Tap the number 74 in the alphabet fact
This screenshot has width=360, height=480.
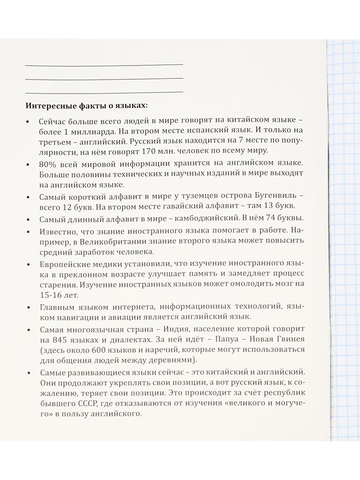[264, 219]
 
